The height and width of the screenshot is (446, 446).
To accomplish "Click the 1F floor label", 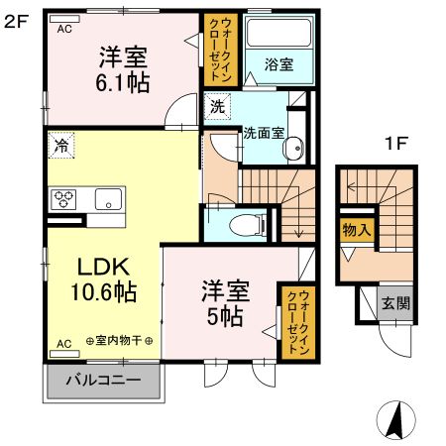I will point(396,142).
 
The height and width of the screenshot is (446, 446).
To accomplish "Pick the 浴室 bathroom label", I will point(279,65).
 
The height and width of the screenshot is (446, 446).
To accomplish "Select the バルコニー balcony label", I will point(102,381).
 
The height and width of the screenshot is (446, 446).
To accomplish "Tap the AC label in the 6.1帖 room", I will point(64,29).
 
